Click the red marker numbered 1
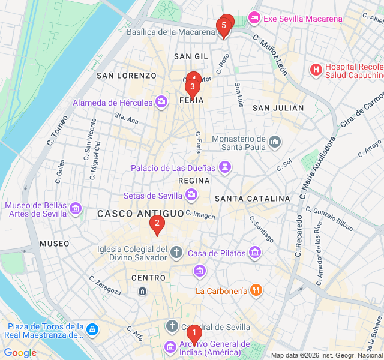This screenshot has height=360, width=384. pyautogui.click(x=193, y=332)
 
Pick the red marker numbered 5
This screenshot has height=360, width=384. pyautogui.click(x=224, y=26)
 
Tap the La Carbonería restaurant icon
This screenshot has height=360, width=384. pyautogui.click(x=256, y=290)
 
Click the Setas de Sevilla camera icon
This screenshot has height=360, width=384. pyautogui.click(x=191, y=194)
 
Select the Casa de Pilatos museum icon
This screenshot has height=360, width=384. pyautogui.click(x=255, y=252)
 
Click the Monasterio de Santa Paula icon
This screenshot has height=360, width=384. pyautogui.click(x=275, y=142)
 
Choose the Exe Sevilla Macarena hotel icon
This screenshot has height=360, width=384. pyautogui.click(x=254, y=18)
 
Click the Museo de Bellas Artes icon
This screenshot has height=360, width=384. pyautogui.click(x=75, y=208)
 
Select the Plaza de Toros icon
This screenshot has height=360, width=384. pyautogui.click(x=92, y=329)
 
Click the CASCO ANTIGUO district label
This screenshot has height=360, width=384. pyautogui.click(x=140, y=214)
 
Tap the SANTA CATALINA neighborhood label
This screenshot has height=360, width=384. pyautogui.click(x=252, y=199)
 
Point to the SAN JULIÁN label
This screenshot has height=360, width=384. pyautogui.click(x=278, y=108)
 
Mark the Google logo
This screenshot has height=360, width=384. pyautogui.click(x=20, y=353)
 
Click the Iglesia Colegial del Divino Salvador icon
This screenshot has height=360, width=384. pyautogui.click(x=176, y=251)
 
